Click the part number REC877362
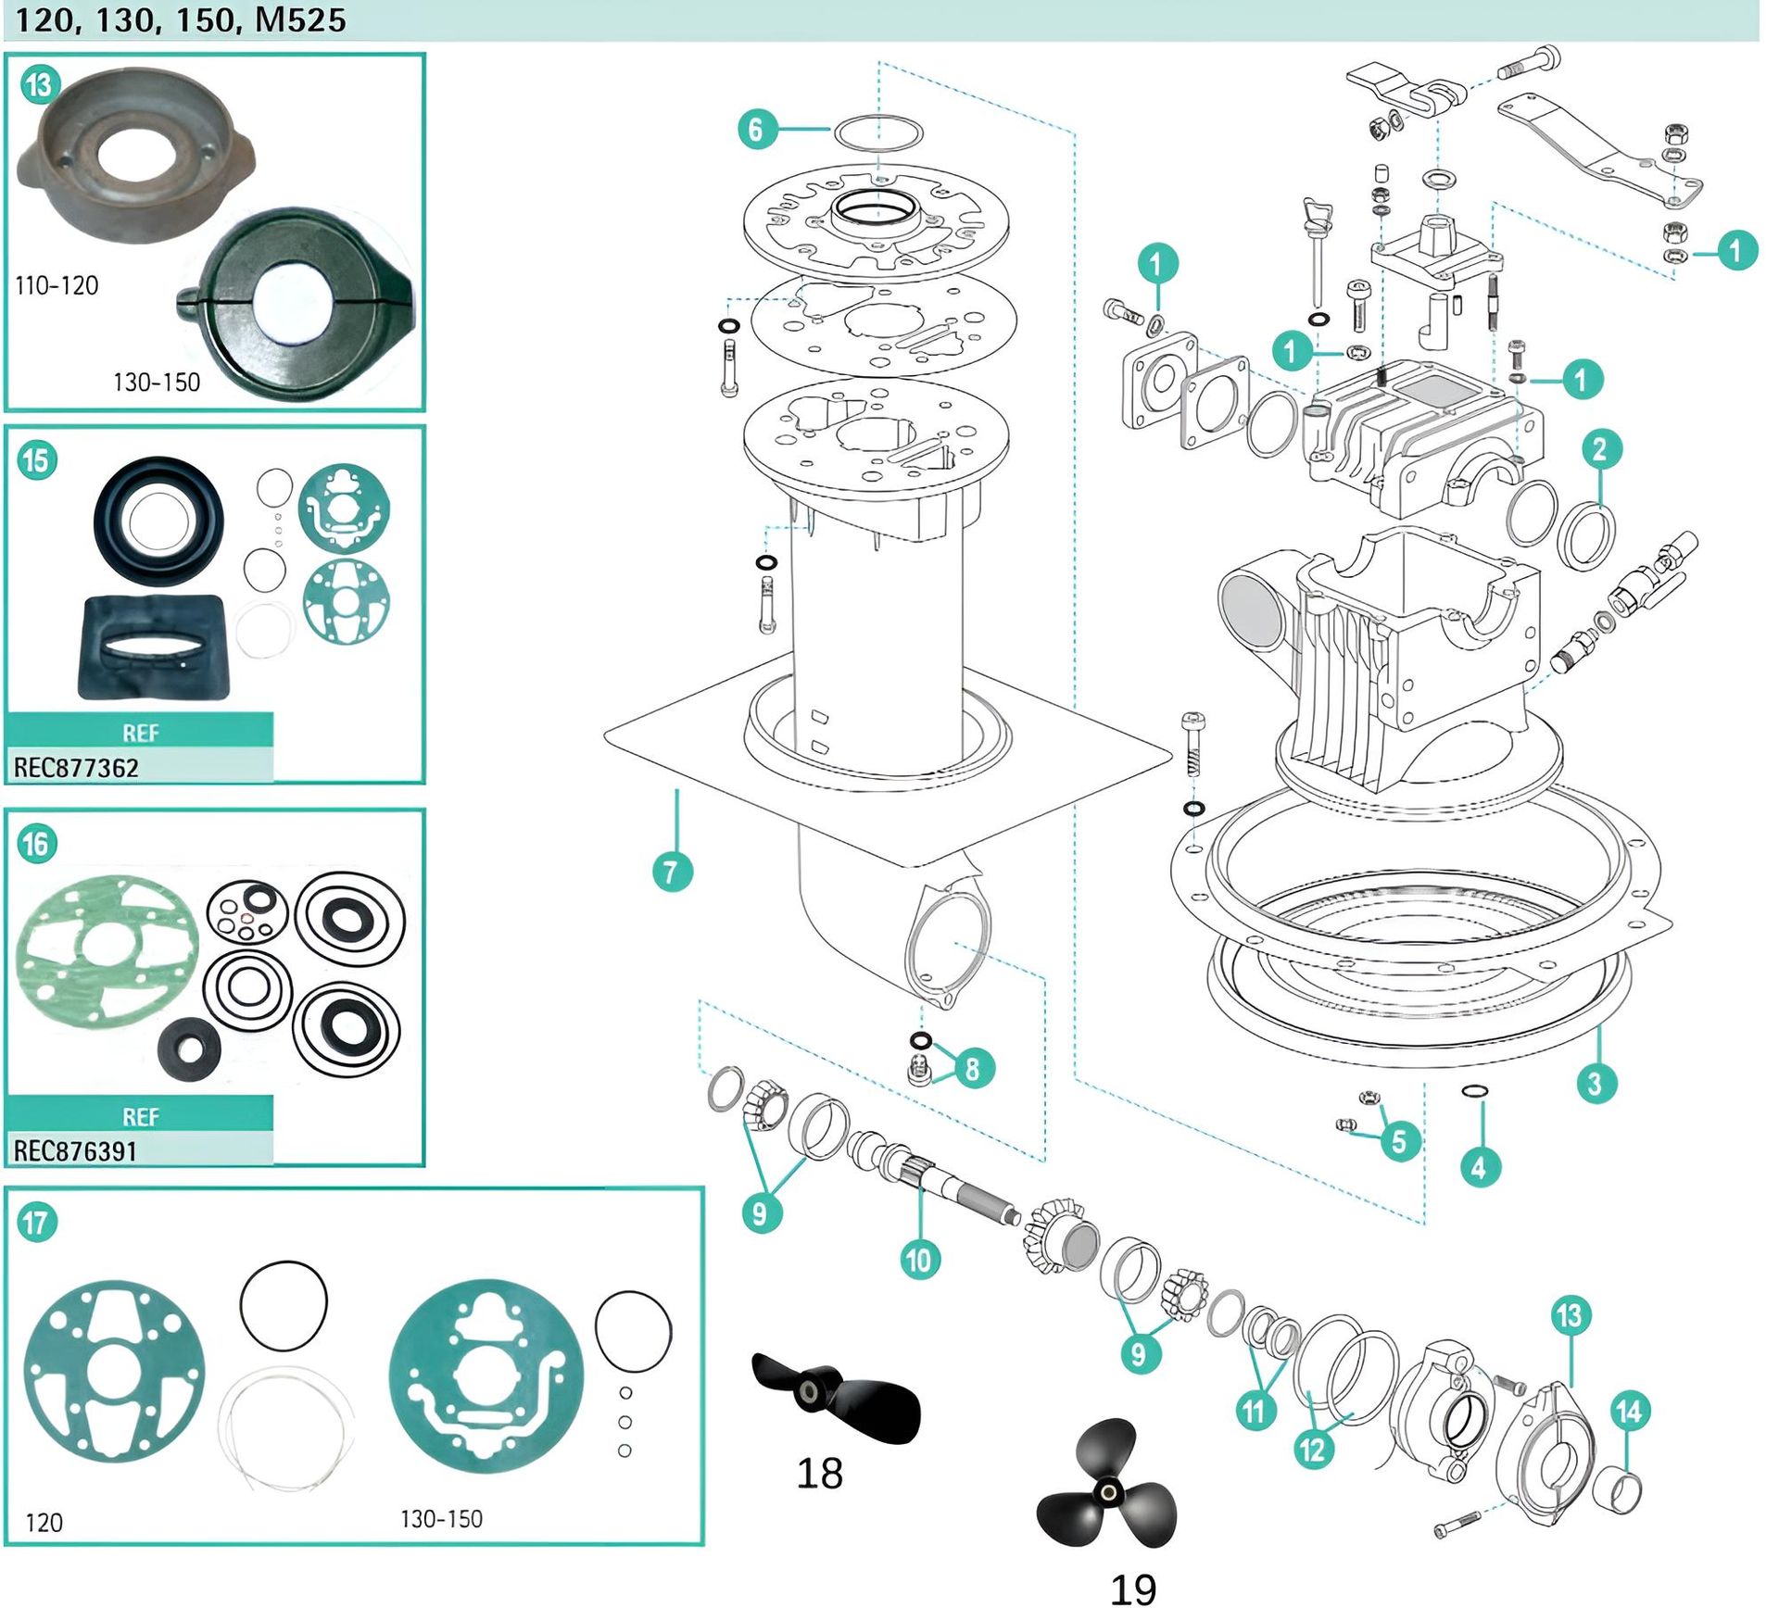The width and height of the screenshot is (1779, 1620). tap(76, 768)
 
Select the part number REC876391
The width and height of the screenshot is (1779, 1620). tap(75, 1151)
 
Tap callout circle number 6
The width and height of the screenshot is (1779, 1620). tap(756, 129)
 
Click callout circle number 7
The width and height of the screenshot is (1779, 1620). tap(672, 872)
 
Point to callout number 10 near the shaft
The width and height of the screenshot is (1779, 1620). tap(918, 1259)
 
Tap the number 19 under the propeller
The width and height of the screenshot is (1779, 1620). tap(1132, 1589)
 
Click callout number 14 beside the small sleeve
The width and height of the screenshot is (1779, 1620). tap(1629, 1412)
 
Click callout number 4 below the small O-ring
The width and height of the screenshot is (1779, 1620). tap(1479, 1167)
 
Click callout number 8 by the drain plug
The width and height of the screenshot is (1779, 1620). tap(972, 1068)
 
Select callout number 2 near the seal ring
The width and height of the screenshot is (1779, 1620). tap(1599, 450)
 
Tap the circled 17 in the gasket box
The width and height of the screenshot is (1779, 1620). tap(37, 1223)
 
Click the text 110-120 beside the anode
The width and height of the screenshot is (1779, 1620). tap(57, 285)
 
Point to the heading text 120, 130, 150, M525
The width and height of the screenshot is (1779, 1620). tap(181, 19)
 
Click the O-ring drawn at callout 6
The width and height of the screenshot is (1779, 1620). tap(878, 132)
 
